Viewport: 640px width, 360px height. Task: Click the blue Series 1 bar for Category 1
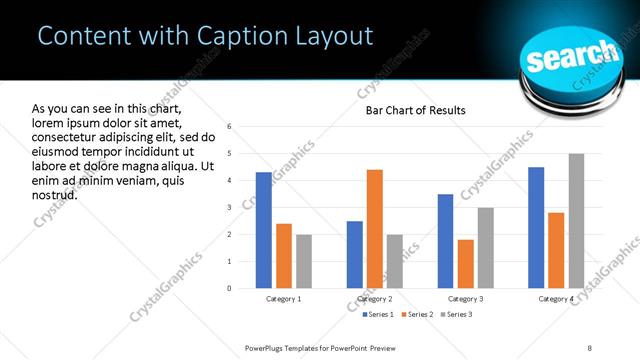[x=263, y=230]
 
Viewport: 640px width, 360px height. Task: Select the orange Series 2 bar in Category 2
[x=375, y=229]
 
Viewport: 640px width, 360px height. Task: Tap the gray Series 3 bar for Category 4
[x=576, y=221]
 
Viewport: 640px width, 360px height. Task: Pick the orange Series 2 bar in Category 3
[x=466, y=264]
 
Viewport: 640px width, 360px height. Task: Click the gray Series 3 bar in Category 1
[x=303, y=261]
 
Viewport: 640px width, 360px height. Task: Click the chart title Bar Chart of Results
[x=415, y=110]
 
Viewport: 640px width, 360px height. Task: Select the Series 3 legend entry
[x=458, y=315]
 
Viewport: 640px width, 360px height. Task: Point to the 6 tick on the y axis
[x=230, y=127]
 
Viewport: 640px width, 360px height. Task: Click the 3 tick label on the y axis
[x=230, y=208]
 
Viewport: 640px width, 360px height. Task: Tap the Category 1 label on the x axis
[x=283, y=299]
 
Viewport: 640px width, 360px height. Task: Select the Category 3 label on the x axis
[x=466, y=299]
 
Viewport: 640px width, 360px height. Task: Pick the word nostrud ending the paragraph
[x=55, y=194]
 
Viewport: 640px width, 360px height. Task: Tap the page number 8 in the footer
[x=589, y=348]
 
